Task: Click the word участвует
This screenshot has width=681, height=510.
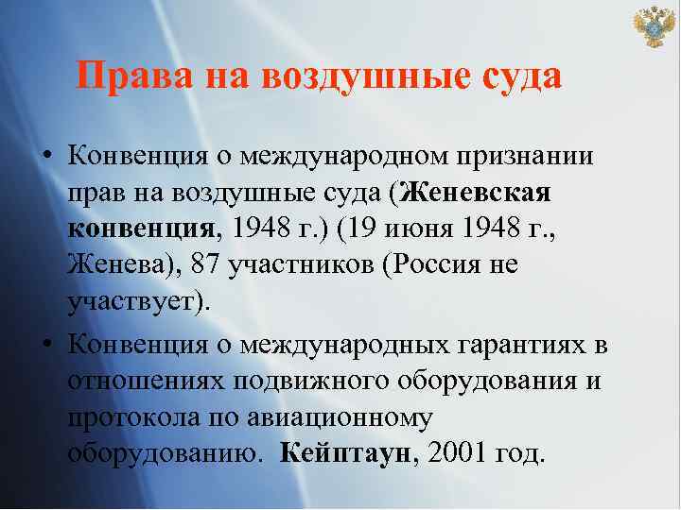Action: tap(136, 302)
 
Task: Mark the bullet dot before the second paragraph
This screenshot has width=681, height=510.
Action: tap(45, 342)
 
